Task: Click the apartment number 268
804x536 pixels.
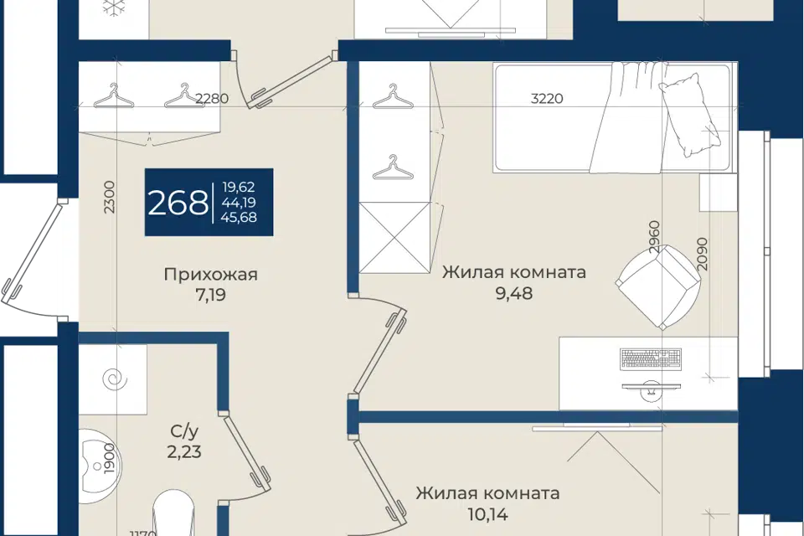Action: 178,204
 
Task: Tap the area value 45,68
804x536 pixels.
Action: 239,218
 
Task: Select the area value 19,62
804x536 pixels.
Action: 239,188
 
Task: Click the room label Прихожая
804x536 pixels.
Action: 211,275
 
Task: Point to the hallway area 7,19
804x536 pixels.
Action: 211,295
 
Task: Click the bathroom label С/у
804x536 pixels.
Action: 184,431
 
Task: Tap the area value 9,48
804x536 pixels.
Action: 513,293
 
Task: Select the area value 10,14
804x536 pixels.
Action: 487,513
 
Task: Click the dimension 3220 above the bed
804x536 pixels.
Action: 547,98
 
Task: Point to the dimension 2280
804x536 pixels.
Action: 212,98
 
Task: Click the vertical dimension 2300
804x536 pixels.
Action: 111,197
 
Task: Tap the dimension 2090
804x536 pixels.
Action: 703,255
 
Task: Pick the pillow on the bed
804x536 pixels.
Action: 689,115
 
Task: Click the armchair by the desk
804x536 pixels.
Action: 658,287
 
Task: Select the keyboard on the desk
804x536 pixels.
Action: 651,358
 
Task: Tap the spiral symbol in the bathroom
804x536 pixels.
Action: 113,379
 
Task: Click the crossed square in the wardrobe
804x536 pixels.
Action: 394,238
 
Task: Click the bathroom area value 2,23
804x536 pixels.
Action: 184,452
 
